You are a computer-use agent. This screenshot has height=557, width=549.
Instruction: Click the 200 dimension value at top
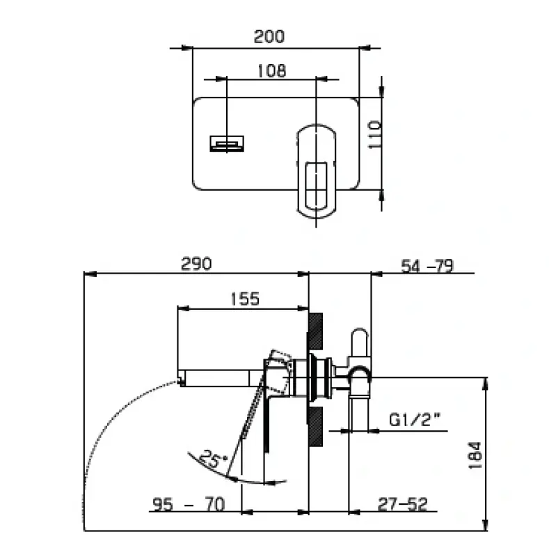pyautogui.click(x=269, y=36)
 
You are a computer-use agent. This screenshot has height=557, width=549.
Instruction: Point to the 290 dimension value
pyautogui.click(x=196, y=263)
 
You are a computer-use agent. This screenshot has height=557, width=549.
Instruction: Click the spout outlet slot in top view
pyautogui.click(x=228, y=144)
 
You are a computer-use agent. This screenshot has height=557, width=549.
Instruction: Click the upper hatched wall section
pyautogui.click(x=316, y=330)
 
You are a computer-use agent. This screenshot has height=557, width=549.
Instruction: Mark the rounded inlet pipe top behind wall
pyautogui.click(x=360, y=340)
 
